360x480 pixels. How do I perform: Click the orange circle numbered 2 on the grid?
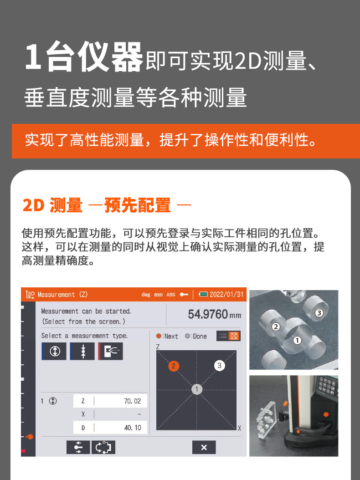tap(174, 366)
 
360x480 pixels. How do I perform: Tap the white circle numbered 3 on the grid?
tap(219, 365)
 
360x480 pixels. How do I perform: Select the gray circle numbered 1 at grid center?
tap(197, 389)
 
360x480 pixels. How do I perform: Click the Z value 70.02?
tap(132, 401)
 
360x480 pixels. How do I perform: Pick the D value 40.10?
tap(133, 428)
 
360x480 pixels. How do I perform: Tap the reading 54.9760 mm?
tap(215, 314)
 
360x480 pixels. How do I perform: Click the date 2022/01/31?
tap(226, 295)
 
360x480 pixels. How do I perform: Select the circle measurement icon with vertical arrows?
tap(54, 351)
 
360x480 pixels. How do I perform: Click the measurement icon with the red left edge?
tap(111, 351)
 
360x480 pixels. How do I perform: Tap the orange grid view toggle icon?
tap(234, 336)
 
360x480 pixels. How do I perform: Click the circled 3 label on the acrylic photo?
tap(319, 313)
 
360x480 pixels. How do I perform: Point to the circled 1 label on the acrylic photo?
tap(297, 340)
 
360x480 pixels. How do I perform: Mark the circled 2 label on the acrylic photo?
tap(276, 327)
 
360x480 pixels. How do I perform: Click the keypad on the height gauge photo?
tap(327, 386)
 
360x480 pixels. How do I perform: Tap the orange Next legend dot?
tap(159, 336)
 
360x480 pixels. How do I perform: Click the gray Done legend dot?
tap(187, 336)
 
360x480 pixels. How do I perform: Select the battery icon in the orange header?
tap(203, 295)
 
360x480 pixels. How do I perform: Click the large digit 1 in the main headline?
tap(33, 56)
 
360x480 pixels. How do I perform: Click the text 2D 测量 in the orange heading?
tap(53, 205)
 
